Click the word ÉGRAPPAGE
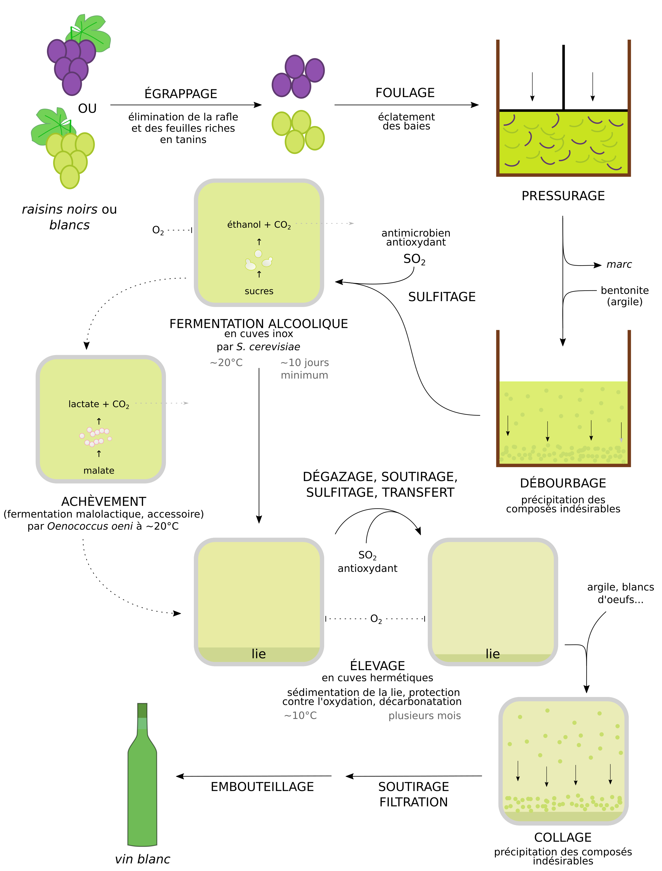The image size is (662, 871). pos(181,94)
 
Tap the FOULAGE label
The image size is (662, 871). pos(405,93)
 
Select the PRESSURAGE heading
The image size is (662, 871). pos(563,196)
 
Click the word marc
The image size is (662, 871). pos(619,264)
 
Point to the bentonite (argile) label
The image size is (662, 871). pos(624,296)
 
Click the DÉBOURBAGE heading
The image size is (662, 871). pos(563,483)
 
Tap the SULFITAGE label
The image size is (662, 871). pos(442,297)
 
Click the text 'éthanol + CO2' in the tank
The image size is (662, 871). pos(259,225)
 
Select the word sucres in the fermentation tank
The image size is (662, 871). pos(259,291)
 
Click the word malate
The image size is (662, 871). pos(99,471)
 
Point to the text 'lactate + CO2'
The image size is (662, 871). pos(99,404)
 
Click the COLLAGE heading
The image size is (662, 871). pos(563,837)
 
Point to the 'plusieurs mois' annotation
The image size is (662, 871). pos(424,716)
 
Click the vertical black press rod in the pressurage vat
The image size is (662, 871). pos(564,77)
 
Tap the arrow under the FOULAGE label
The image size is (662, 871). pos(406,105)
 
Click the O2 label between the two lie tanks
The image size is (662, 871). pos(376,619)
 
